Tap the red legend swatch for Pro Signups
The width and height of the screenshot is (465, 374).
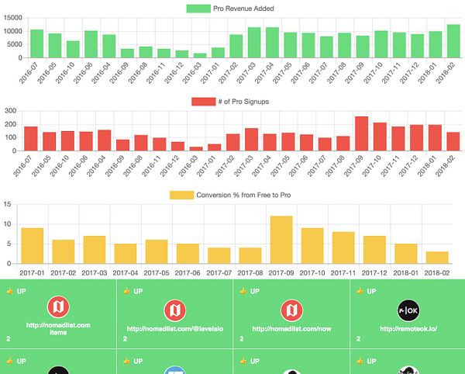(x=204, y=101)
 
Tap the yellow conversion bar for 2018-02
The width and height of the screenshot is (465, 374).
(x=436, y=258)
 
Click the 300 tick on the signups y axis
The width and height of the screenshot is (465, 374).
(x=11, y=111)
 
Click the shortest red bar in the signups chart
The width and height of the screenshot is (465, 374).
(x=196, y=148)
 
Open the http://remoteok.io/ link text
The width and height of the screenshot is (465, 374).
(x=407, y=328)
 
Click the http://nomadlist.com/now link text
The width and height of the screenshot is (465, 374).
(x=291, y=328)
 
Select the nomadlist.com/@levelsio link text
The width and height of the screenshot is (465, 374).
(x=174, y=328)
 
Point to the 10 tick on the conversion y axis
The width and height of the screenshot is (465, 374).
(x=8, y=224)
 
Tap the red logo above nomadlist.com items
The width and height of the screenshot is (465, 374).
(x=59, y=307)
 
